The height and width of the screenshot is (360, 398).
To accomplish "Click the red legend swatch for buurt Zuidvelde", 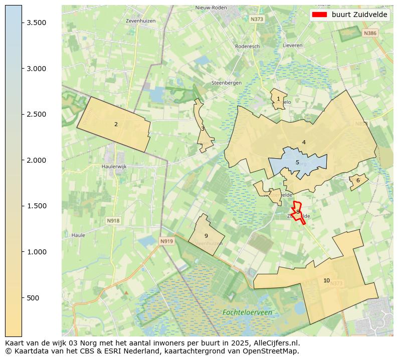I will click(319, 15).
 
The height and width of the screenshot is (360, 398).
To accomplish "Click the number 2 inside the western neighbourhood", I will click(116, 125).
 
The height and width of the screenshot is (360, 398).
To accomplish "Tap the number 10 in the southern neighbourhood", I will click(326, 280).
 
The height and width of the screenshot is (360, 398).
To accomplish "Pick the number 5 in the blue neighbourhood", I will click(297, 162).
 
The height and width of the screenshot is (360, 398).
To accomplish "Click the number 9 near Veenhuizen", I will click(206, 236).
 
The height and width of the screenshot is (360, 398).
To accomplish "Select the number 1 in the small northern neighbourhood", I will click(278, 99).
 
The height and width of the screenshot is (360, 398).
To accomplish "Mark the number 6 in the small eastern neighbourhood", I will click(358, 181).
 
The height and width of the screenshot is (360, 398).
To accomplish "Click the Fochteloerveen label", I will click(248, 312).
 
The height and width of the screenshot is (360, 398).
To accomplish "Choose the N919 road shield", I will click(166, 241).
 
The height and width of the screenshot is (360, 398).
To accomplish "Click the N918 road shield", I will click(113, 220).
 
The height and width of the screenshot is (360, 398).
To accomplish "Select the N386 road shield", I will click(370, 33).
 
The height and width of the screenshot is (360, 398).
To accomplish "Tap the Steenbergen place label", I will click(227, 83).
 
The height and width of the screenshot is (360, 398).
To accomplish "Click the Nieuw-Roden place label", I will click(211, 8).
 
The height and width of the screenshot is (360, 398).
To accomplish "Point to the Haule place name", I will click(78, 235).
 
